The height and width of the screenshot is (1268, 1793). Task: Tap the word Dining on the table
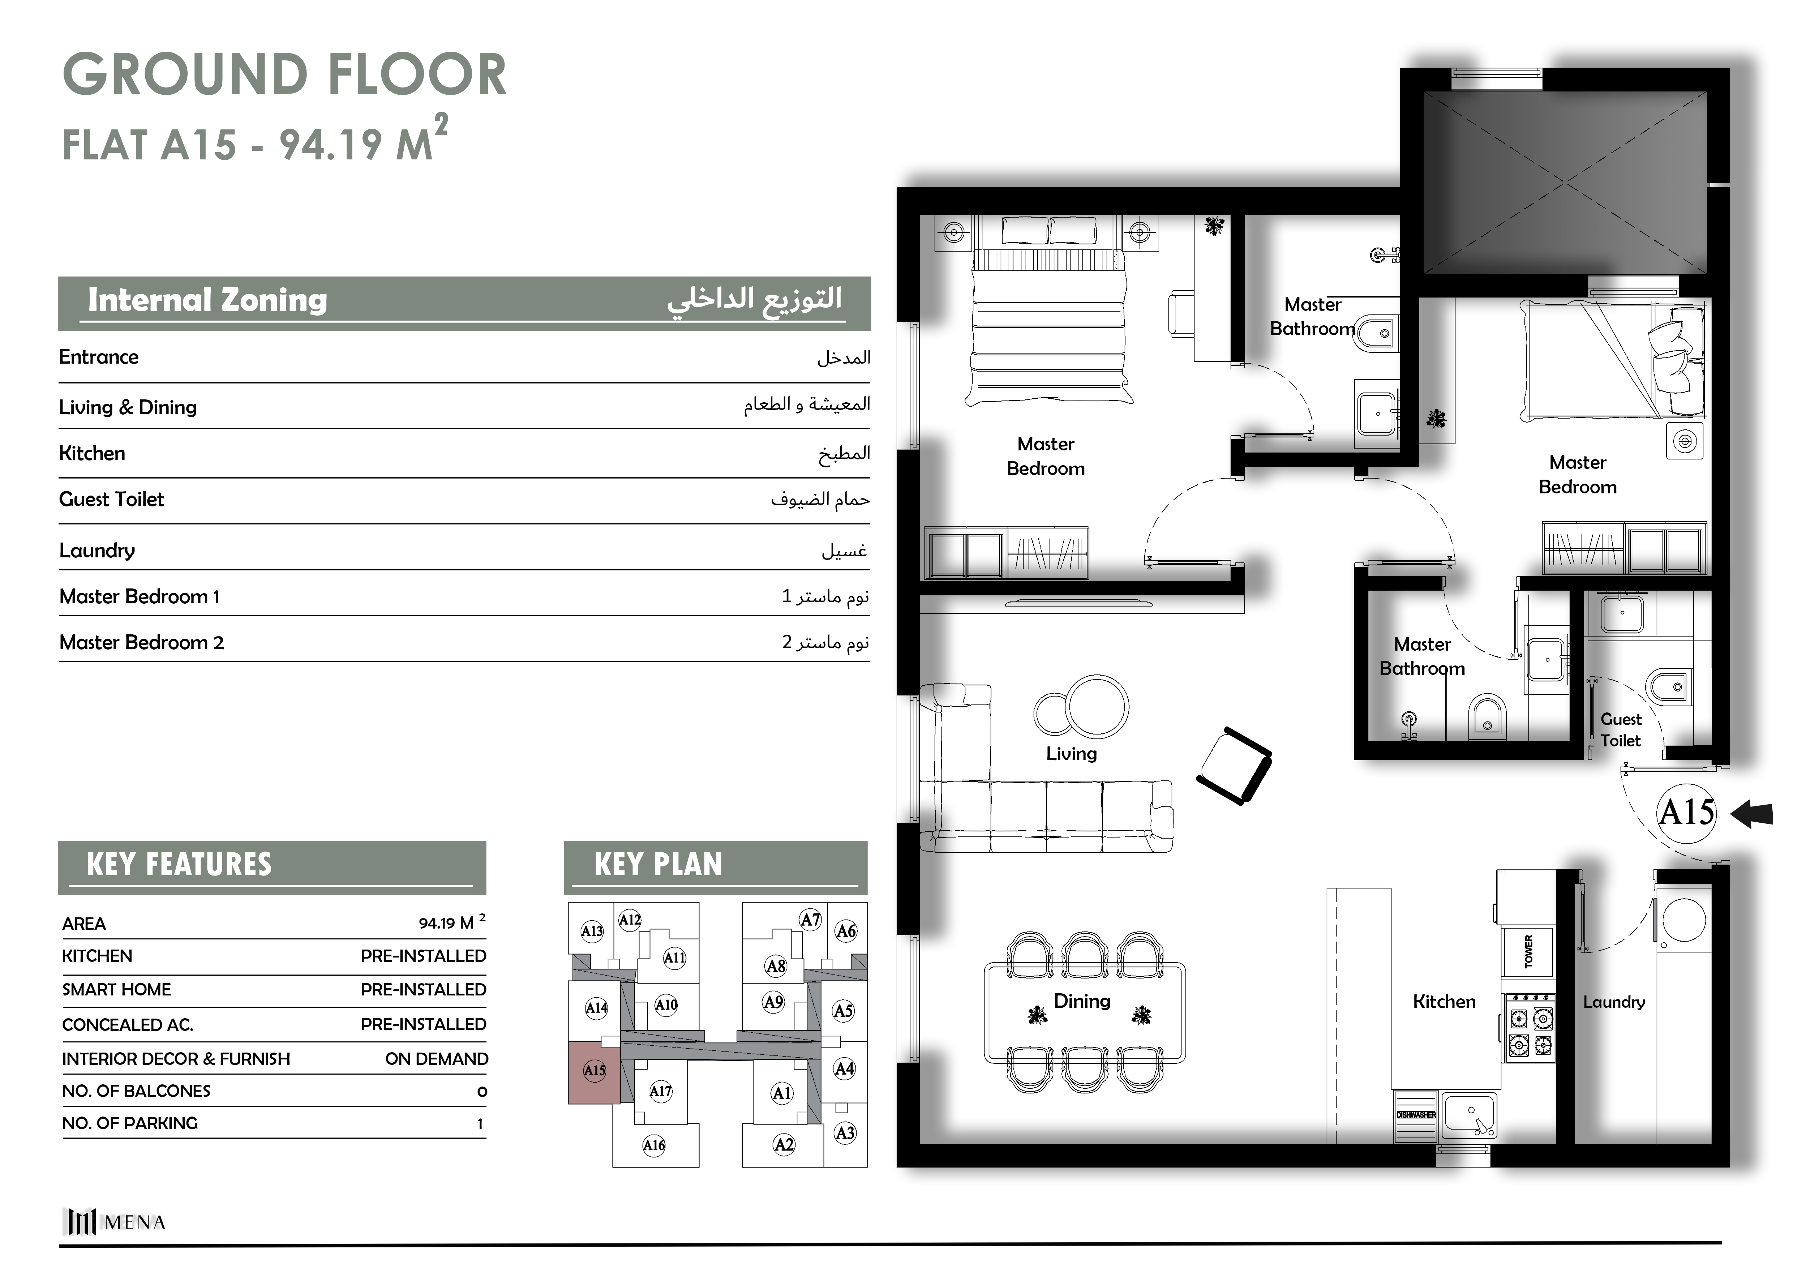click(x=1082, y=1001)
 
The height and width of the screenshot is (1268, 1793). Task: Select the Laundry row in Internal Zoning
click(x=464, y=551)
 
